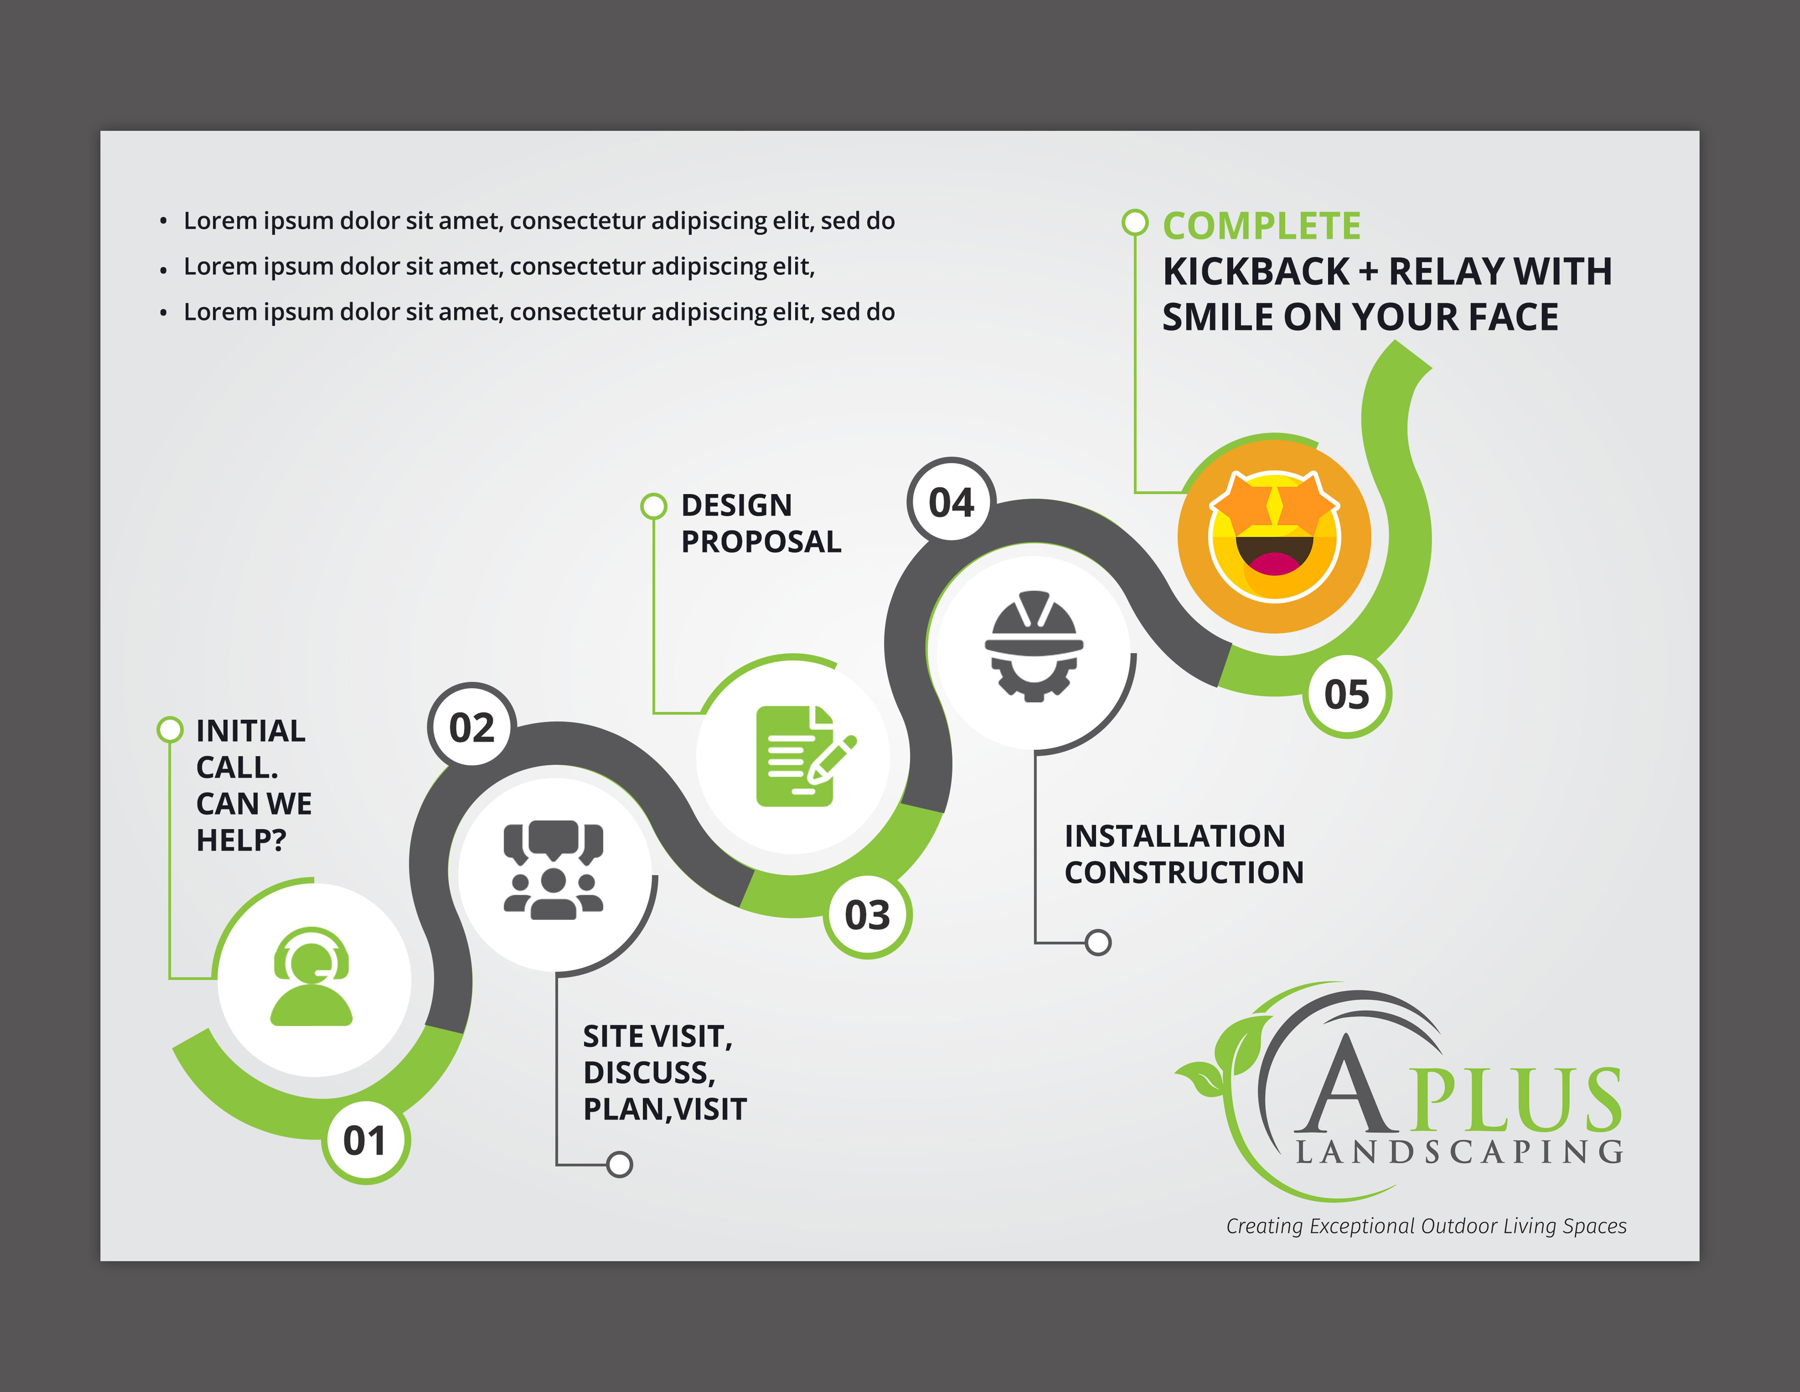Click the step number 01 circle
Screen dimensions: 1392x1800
click(x=365, y=1142)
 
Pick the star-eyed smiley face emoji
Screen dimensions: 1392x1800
click(x=1274, y=536)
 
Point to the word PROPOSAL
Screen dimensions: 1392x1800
click(x=761, y=542)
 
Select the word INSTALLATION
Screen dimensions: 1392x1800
click(x=1174, y=836)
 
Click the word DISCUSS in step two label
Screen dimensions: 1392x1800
click(x=648, y=1072)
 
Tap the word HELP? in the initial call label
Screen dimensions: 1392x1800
click(x=241, y=840)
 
